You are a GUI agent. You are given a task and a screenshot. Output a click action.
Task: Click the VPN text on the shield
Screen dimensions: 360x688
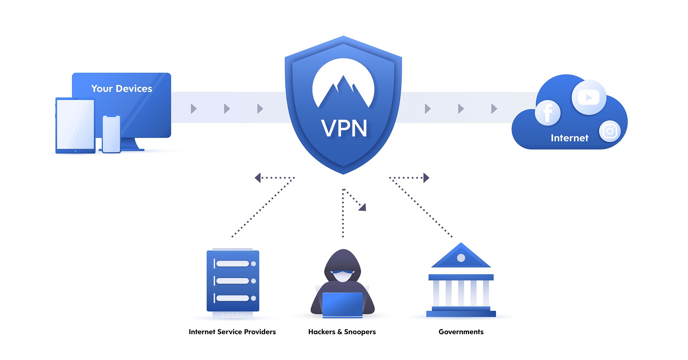point(344,128)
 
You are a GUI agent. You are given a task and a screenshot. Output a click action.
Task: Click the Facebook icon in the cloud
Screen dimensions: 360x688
point(548,113)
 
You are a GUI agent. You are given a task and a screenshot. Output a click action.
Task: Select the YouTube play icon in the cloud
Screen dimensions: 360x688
point(588,98)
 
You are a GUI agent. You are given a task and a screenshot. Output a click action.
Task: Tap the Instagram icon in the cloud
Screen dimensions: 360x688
point(610,131)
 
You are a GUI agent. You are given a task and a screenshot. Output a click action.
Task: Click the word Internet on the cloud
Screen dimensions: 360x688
point(569,138)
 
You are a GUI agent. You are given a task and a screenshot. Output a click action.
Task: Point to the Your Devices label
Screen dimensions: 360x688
point(121,89)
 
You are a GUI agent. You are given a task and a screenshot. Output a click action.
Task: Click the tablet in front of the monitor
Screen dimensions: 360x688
point(75,125)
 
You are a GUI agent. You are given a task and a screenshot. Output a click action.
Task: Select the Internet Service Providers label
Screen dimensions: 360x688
point(232,332)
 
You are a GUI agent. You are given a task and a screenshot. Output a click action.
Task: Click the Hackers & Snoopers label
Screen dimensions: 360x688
point(342,332)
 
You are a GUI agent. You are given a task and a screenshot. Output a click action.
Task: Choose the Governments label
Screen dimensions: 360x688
point(461,332)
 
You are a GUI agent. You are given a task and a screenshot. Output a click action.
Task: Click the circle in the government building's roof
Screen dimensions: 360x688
point(461,258)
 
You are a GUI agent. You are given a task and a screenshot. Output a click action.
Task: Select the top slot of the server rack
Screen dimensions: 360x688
point(233,264)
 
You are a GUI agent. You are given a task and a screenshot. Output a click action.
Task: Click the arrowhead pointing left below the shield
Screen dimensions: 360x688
point(258,177)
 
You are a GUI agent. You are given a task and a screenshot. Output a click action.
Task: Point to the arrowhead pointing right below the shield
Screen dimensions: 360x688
point(426,177)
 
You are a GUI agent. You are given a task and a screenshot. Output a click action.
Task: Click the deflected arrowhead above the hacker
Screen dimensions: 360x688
point(363,207)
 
